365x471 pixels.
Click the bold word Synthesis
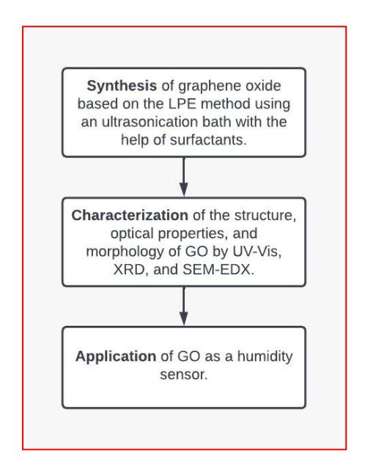[122, 87]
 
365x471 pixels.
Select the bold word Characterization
[130, 216]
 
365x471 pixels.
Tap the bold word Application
[116, 357]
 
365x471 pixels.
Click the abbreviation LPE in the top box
[182, 104]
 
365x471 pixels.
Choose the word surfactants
[208, 140]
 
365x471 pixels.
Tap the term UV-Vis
[257, 252]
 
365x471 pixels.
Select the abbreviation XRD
[131, 269]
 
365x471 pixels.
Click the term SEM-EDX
[218, 269]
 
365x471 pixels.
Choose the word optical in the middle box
[132, 234]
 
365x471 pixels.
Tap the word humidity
[265, 357]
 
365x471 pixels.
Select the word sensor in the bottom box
[184, 375]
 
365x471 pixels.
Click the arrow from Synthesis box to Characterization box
[184, 177]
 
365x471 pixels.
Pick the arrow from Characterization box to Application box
[184, 306]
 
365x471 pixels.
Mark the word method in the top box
[226, 104]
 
